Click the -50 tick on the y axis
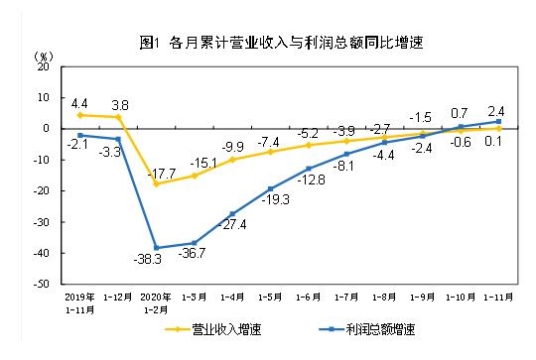pos(44,283)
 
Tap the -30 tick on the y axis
pos(44,221)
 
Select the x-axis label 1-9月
pos(423,295)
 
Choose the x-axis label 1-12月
pos(118,295)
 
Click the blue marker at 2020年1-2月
pos(156,247)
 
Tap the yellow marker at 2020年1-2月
pos(156,183)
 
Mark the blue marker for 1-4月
pos(232,213)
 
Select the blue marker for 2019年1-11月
pos(79,135)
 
